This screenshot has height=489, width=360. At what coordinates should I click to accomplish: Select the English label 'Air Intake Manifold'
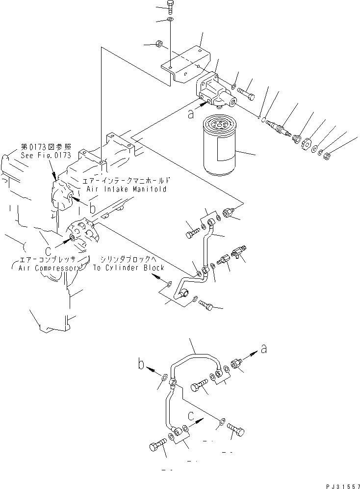click(127, 189)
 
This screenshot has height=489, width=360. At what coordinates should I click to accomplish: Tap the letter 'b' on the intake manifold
click(93, 208)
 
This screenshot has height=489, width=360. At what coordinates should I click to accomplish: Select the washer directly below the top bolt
click(170, 20)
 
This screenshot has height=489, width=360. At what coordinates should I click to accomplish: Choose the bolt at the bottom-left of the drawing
click(156, 446)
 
